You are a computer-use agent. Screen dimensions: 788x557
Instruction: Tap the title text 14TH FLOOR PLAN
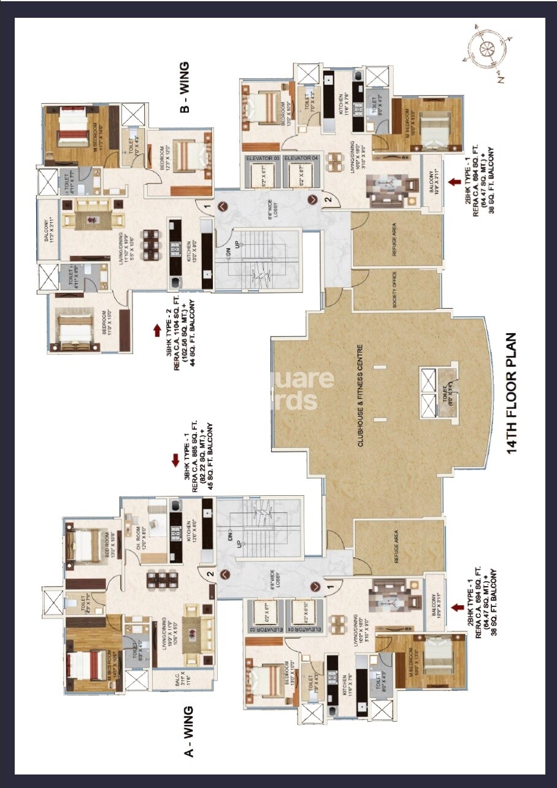point(513,393)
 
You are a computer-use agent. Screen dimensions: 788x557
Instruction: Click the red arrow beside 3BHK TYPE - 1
point(175,460)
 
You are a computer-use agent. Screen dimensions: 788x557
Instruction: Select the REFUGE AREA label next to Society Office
point(394,240)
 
